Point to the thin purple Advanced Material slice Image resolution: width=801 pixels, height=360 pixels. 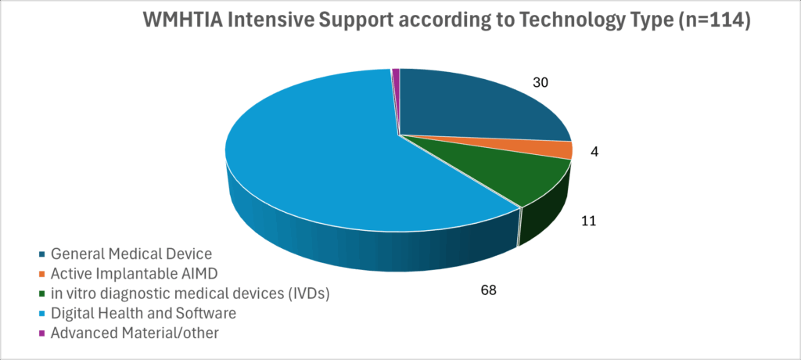[x=396, y=74]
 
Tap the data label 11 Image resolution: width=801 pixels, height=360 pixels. [x=589, y=221]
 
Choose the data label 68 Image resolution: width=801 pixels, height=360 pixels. [x=489, y=290]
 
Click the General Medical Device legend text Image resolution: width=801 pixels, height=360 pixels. [x=131, y=254]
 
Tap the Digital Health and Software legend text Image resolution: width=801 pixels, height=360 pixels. [x=143, y=313]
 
